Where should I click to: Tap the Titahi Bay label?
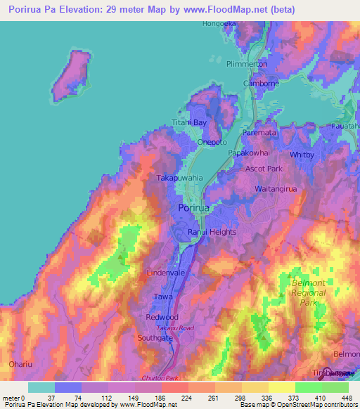[x=190, y=122]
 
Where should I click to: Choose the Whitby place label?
[x=302, y=154]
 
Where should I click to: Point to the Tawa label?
[x=163, y=297]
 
